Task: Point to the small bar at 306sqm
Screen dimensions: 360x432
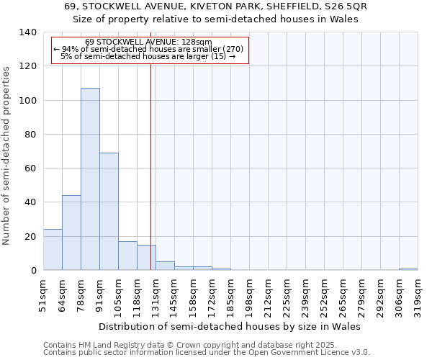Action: pos(408,269)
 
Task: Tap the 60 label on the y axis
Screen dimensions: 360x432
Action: pos(30,168)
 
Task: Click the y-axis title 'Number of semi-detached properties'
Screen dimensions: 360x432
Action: pos(7,155)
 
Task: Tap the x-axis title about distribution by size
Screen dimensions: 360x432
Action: pos(230,326)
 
